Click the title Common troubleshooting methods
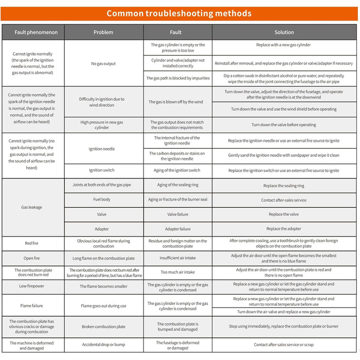[179, 13]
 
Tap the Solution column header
[284, 32]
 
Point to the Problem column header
[103, 32]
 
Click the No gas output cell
[103, 64]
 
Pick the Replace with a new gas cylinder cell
[284, 45]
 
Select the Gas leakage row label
[32, 207]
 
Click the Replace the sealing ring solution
[284, 186]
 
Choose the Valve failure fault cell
[178, 214]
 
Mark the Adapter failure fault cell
[178, 229]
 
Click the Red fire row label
[32, 243]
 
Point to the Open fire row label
[32, 258]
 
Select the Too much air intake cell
[178, 272]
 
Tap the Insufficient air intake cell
[178, 258]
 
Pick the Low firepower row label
[32, 286]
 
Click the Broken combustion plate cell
[103, 327]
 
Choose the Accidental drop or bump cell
[103, 345]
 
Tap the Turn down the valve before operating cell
[284, 124]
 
